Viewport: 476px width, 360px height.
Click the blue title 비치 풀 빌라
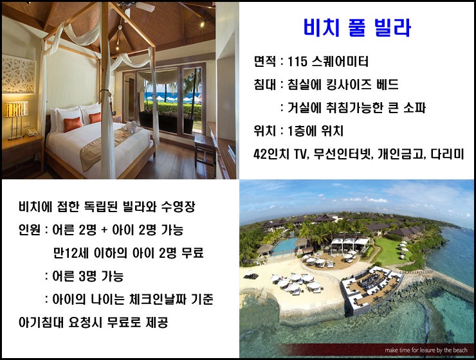[x=357, y=28]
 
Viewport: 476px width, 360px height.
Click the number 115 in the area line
[x=297, y=62]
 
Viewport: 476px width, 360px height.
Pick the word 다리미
[x=448, y=154]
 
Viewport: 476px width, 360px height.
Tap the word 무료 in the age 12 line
[x=192, y=253]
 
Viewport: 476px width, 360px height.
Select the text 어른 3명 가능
[x=88, y=276]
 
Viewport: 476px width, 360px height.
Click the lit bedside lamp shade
[x=16, y=109]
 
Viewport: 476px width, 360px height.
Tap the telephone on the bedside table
[x=32, y=132]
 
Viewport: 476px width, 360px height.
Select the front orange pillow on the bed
[x=72, y=124]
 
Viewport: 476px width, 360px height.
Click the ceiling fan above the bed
[x=137, y=6]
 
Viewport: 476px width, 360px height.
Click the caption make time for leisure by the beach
[x=426, y=350]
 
